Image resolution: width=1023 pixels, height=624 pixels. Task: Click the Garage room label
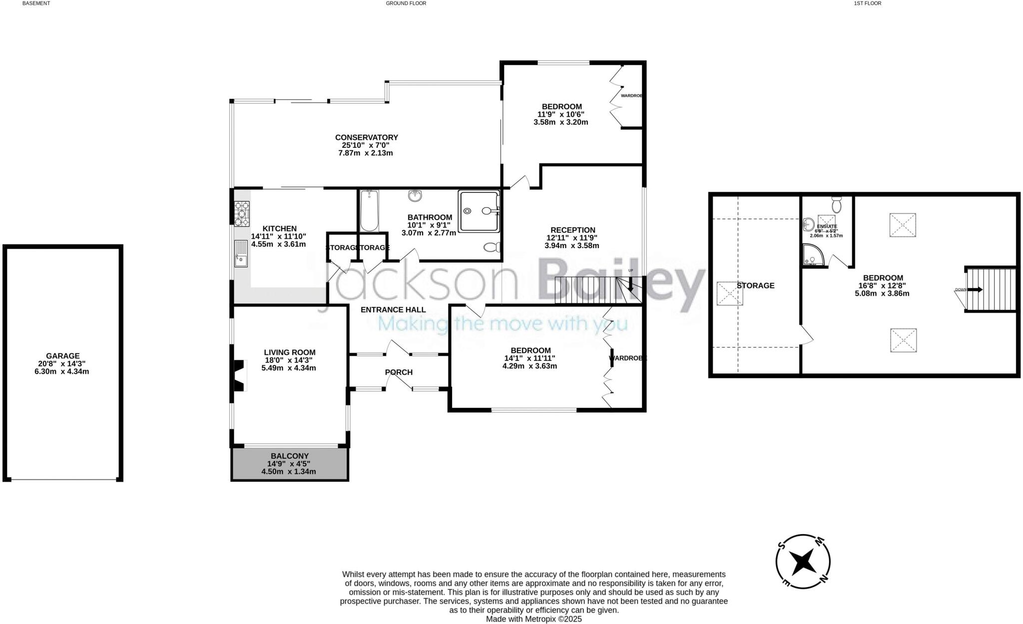point(63,356)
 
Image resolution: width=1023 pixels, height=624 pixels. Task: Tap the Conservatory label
point(366,137)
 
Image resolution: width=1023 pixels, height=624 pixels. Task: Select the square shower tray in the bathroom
point(479,211)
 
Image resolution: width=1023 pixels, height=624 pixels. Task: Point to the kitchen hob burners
point(242,213)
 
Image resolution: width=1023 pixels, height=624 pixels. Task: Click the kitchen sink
point(241,254)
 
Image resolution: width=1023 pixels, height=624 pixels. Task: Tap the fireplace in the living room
point(239,375)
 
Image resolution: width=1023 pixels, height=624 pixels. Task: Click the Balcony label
point(290,456)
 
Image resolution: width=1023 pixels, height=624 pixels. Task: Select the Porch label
point(399,372)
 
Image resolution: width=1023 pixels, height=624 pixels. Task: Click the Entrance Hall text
point(393,310)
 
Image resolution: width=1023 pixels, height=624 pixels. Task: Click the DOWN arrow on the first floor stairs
point(975,290)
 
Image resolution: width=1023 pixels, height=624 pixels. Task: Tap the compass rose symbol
point(803,562)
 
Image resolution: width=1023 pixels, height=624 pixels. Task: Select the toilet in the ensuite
point(837,205)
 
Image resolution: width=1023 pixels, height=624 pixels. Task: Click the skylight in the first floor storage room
point(730,294)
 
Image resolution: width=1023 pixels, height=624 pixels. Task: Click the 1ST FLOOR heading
point(867,3)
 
